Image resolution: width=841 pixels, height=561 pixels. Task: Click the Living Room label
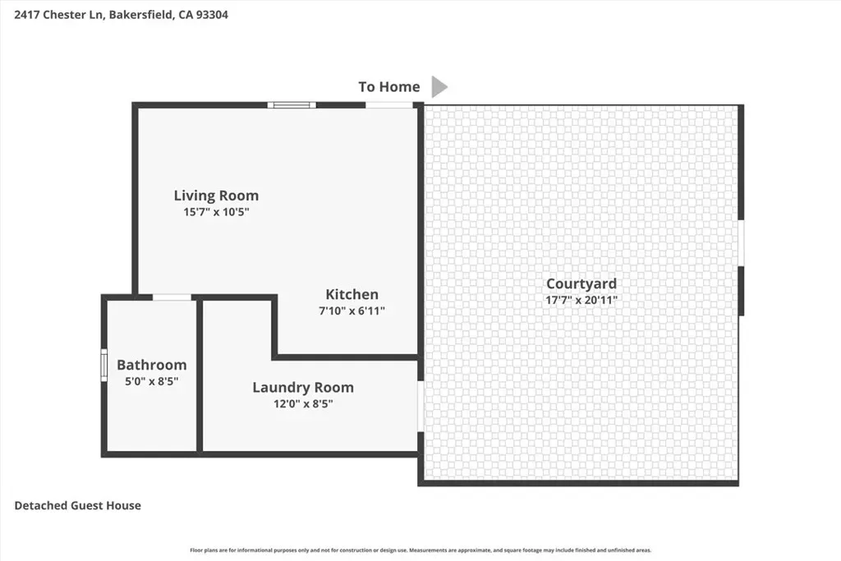[x=216, y=195]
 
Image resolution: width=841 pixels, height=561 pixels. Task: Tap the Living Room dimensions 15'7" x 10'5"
[x=216, y=212]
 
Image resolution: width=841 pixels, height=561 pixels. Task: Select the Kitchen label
[x=352, y=294]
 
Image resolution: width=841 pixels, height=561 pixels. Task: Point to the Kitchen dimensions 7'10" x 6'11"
[x=352, y=310]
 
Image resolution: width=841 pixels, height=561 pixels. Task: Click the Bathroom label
[x=152, y=366]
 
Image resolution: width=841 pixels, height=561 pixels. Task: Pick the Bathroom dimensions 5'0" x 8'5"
[x=152, y=381]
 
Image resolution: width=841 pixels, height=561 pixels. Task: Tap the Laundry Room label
[x=303, y=388]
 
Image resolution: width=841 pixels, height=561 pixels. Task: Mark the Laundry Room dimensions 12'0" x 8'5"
[x=303, y=404]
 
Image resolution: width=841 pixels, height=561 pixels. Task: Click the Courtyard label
[x=581, y=283]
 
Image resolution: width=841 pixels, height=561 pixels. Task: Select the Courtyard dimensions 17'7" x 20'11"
[x=581, y=300]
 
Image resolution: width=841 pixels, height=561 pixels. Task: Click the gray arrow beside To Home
[x=439, y=87]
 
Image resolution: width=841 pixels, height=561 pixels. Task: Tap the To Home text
[x=389, y=87]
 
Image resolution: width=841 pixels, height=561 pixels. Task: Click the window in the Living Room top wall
[x=292, y=105]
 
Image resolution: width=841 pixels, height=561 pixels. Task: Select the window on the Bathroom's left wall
[x=104, y=366]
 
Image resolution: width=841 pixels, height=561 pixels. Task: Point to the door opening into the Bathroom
[x=172, y=297]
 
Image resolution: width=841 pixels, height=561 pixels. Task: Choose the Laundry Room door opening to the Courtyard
[x=420, y=406]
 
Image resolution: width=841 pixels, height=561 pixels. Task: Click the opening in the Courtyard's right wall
[x=741, y=243]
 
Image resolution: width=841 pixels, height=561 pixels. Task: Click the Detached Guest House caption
[x=78, y=505]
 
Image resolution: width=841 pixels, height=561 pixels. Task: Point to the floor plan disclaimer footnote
[x=420, y=550]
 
